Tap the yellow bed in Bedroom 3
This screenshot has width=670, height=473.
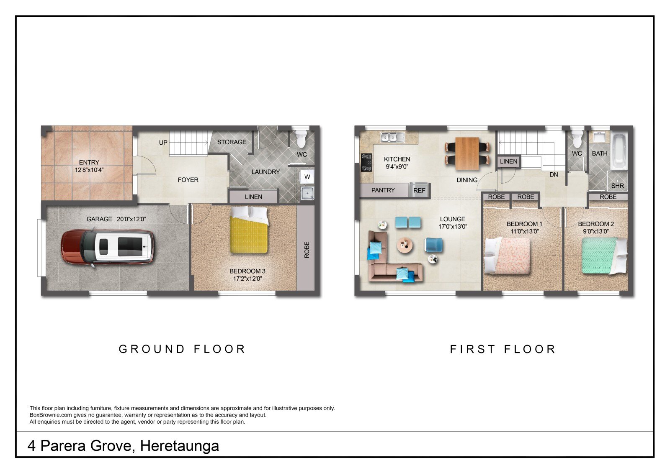(x=249, y=230)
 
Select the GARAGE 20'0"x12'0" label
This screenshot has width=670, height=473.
(x=116, y=219)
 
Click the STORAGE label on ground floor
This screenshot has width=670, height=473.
(x=232, y=142)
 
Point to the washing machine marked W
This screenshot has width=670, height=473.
(x=307, y=176)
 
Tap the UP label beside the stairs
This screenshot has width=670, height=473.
(x=163, y=143)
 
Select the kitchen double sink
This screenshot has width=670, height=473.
(x=392, y=137)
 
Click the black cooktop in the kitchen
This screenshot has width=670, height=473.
(x=366, y=163)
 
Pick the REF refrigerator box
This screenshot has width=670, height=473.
(x=419, y=190)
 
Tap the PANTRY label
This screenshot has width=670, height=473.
(x=383, y=190)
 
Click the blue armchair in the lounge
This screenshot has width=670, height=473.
(x=433, y=245)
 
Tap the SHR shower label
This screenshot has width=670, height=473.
(x=618, y=186)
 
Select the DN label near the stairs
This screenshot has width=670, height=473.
(x=554, y=174)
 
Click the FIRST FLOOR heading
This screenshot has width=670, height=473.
(x=503, y=349)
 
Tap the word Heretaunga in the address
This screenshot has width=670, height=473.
(x=180, y=445)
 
